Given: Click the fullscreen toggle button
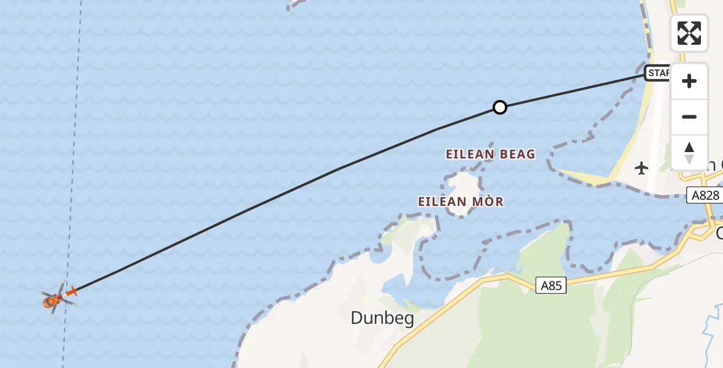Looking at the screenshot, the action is point(689,33).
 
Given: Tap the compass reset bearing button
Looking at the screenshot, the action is point(689,153).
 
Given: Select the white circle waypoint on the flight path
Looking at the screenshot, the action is point(500,107).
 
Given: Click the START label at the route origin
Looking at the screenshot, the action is point(657,73).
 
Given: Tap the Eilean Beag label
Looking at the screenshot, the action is point(490,154).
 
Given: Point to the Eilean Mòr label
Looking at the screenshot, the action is point(461,201).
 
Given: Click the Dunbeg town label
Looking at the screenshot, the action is point(382,318).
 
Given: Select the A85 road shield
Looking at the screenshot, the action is point(551,285).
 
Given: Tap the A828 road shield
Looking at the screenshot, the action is point(704,195).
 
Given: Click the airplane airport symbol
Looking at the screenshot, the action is point(642,167).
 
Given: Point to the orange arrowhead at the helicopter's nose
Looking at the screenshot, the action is point(72,291).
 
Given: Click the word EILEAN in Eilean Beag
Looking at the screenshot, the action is point(470,154).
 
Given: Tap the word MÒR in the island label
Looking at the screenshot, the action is point(488,201).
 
